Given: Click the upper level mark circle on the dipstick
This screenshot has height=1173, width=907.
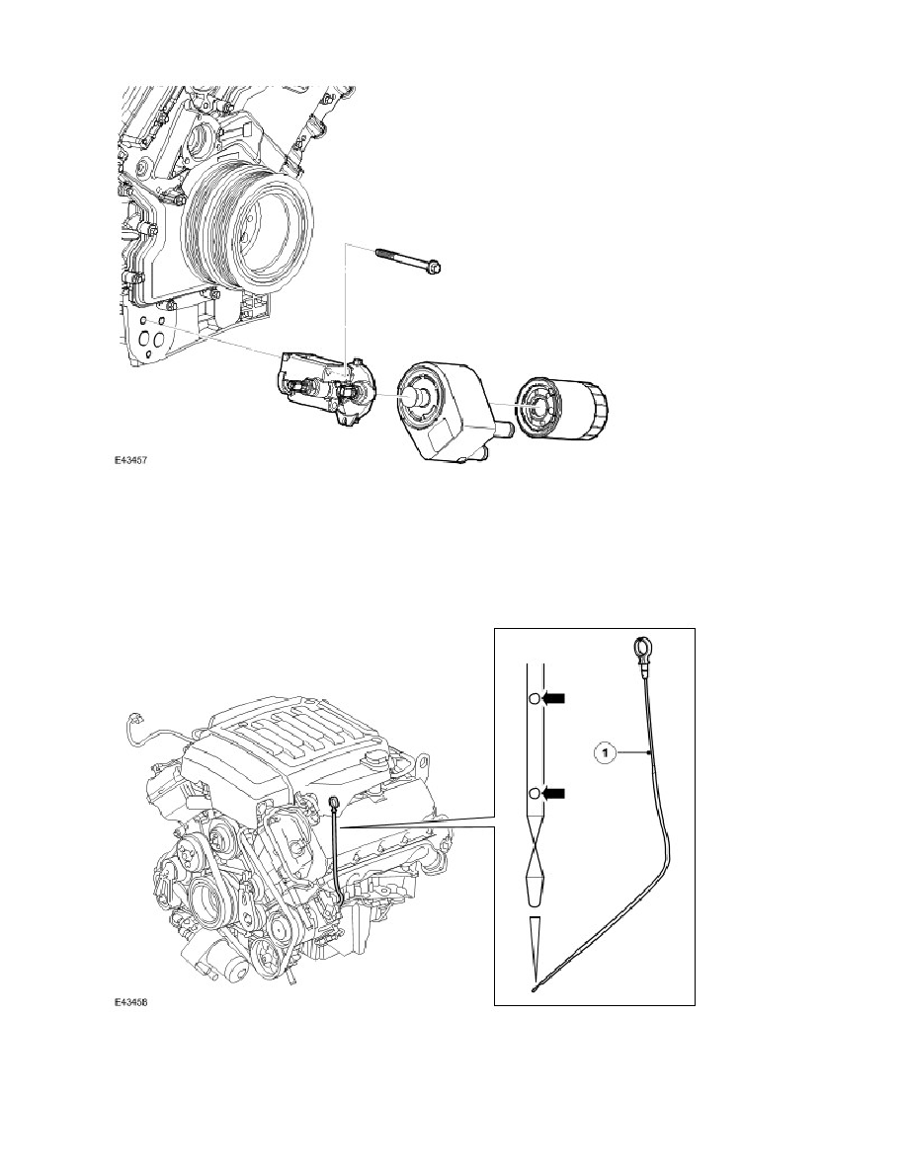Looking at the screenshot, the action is tap(535, 699).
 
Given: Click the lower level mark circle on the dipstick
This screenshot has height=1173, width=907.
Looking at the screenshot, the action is tap(535, 793).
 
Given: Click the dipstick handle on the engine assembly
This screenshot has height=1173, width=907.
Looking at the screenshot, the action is tap(333, 804).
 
